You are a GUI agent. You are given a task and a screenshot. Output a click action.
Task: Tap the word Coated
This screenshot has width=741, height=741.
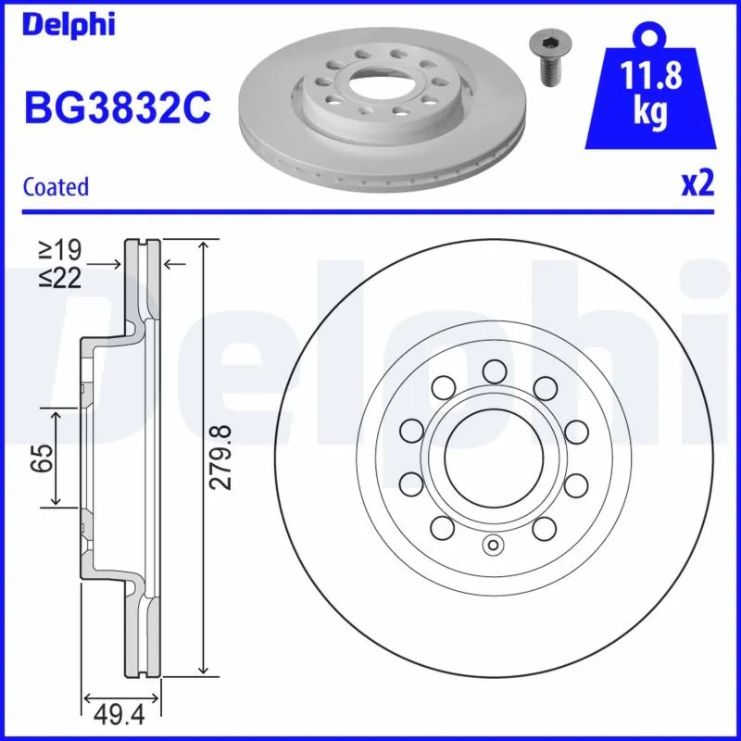[x=56, y=186]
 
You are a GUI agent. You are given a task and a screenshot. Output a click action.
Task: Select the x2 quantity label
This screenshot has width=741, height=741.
[x=698, y=184]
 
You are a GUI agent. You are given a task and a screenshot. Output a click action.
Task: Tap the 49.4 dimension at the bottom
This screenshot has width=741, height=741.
[x=122, y=715]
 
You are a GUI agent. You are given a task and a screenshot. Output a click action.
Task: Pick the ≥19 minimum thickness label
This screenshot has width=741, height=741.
[x=59, y=250]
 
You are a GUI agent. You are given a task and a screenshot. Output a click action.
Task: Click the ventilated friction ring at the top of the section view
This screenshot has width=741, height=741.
[x=144, y=278]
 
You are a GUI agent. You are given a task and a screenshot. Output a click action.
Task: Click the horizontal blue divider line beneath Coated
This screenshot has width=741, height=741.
[x=370, y=211]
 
